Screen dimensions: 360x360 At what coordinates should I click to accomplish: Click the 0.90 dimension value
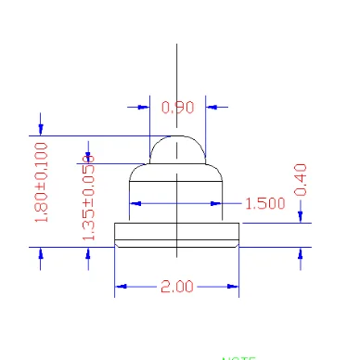pyautogui.click(x=177, y=108)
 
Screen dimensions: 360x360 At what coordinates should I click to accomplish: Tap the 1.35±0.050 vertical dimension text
pyautogui.click(x=89, y=199)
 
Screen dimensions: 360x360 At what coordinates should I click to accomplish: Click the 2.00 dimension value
pyautogui.click(x=176, y=287)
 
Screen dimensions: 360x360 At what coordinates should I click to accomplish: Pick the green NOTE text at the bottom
pyautogui.click(x=238, y=357)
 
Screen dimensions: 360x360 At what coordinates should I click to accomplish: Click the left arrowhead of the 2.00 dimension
pyautogui.click(x=121, y=287)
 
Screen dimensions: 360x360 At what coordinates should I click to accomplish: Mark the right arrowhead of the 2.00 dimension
pyautogui.click(x=233, y=287)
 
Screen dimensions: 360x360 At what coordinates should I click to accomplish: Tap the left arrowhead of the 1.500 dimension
pyautogui.click(x=135, y=202)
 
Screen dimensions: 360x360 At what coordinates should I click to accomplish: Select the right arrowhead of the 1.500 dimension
pyautogui.click(x=218, y=202)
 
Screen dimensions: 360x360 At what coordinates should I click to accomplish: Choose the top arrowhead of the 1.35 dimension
pyautogui.click(x=88, y=157)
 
